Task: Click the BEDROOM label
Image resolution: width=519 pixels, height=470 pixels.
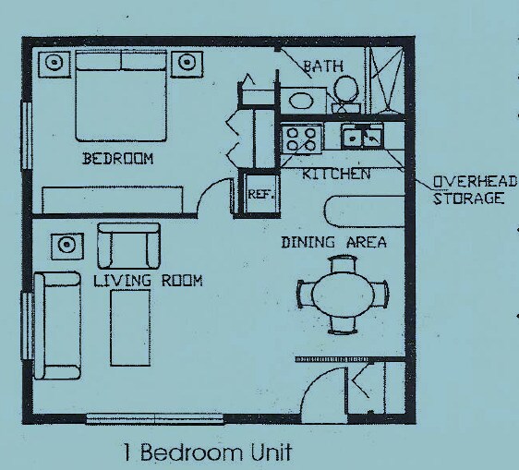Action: coord(118,159)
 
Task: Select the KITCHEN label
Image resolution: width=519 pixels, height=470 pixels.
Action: coord(336,174)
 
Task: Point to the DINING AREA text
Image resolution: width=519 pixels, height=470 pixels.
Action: coord(333,243)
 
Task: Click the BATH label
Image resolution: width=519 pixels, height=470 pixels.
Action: coord(322,66)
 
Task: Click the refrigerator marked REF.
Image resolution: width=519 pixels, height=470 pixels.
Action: coord(258,194)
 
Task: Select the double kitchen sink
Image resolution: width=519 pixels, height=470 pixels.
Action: coord(361,138)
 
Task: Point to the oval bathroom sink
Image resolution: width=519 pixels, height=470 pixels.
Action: coord(301,100)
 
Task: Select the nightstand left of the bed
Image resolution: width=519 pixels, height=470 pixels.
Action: coord(53,65)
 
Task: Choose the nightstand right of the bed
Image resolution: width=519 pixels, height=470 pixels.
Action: coord(189,64)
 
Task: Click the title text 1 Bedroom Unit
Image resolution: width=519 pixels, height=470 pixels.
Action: coord(207,452)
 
